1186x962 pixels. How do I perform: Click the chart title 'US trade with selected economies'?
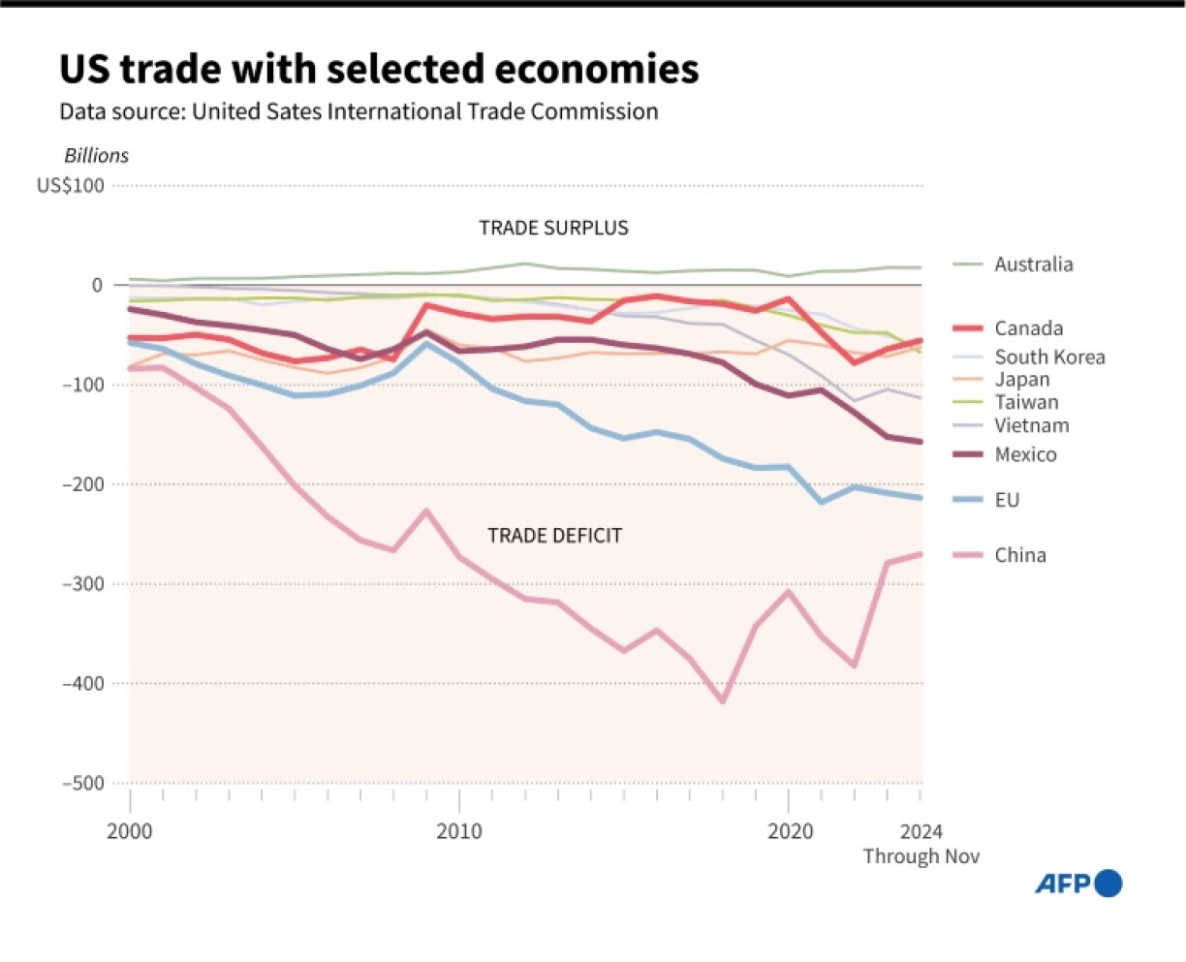(x=379, y=70)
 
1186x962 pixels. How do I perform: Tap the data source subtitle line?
(x=359, y=111)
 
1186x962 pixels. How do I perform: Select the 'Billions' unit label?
(x=96, y=156)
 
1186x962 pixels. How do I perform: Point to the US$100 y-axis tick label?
(x=71, y=185)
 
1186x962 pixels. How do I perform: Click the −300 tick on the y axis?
(x=83, y=584)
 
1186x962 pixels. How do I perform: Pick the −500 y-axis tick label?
(x=83, y=783)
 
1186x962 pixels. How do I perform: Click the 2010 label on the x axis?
(x=458, y=831)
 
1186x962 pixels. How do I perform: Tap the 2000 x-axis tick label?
(x=130, y=831)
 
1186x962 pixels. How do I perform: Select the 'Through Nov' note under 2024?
(x=921, y=856)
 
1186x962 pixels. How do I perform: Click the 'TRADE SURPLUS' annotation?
(x=553, y=228)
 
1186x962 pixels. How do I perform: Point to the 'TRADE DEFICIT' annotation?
(x=554, y=536)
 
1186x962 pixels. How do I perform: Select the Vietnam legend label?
(x=1031, y=425)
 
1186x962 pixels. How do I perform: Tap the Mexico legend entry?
(x=1025, y=454)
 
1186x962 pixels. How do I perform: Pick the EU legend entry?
(x=1007, y=500)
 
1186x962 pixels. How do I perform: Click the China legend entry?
(x=1019, y=555)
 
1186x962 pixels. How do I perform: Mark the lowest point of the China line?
(x=722, y=700)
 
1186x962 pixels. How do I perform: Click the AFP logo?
(x=1078, y=884)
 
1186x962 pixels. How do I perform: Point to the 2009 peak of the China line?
(x=425, y=511)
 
